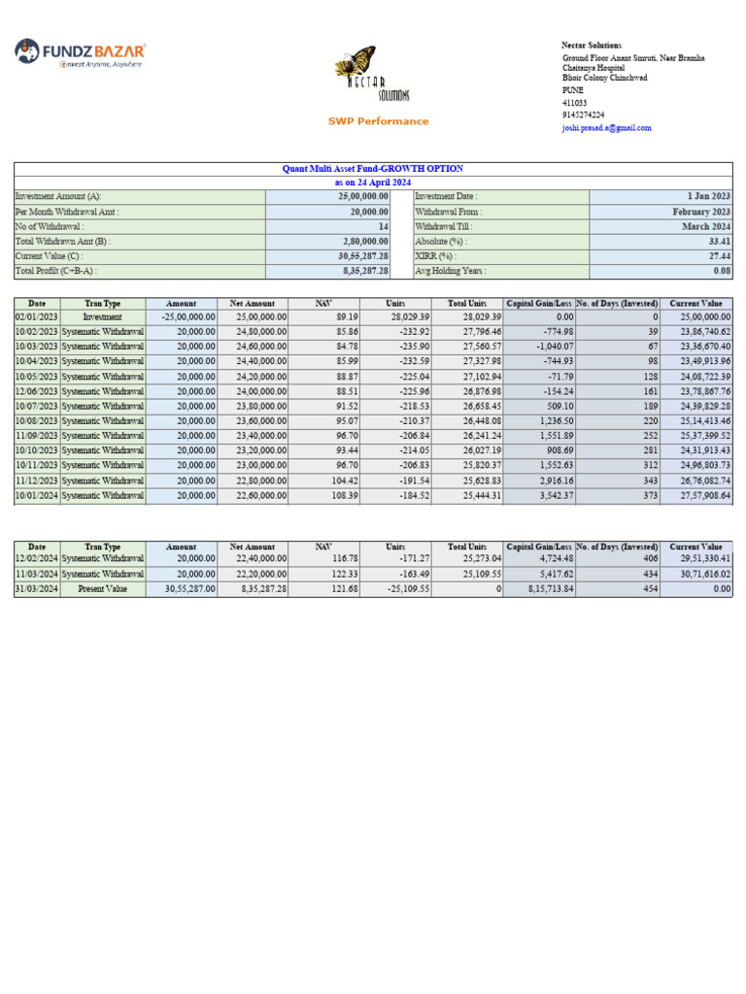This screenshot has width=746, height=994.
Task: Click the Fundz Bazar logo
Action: (81, 52)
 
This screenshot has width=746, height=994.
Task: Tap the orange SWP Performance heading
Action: (377, 121)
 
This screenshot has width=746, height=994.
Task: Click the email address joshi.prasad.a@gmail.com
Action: (607, 127)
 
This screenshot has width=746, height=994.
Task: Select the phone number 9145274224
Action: (583, 115)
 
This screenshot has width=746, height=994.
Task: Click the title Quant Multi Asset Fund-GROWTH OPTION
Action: (372, 169)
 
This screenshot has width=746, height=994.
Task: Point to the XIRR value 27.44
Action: (718, 256)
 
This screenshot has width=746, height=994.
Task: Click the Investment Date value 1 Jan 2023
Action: (709, 196)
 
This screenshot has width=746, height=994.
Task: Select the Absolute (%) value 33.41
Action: (718, 241)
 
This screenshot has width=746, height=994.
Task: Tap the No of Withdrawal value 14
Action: (382, 226)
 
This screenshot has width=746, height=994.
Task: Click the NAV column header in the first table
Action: (323, 304)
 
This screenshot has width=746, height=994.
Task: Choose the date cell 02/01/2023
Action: (36, 316)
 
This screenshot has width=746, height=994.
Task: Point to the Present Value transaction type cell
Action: (102, 589)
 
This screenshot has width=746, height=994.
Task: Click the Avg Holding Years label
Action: (451, 272)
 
